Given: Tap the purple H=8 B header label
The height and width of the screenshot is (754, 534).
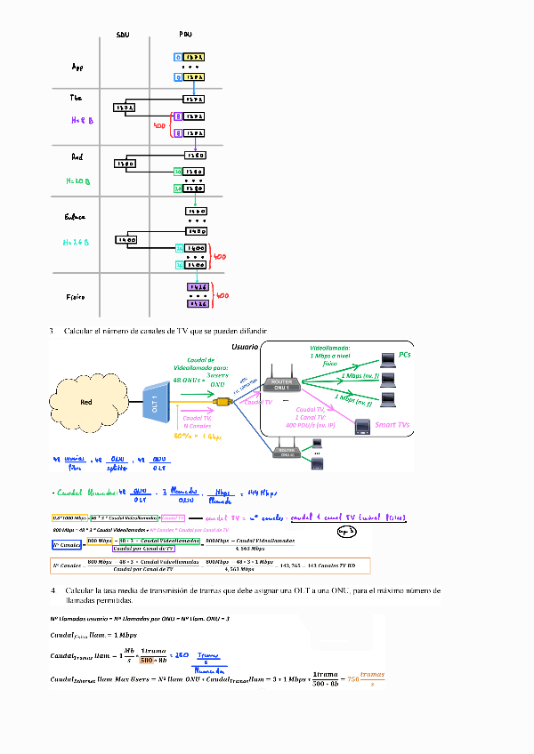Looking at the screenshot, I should point(83,119).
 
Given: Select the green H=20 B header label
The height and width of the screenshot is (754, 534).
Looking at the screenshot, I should point(79,180).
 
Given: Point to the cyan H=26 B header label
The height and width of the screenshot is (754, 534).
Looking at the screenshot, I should point(78,242).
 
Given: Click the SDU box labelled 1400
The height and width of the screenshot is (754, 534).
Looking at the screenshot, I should point(126,240).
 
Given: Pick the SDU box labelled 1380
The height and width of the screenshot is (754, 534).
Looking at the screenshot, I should point(125,164).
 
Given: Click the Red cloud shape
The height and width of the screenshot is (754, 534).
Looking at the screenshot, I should point(86,402).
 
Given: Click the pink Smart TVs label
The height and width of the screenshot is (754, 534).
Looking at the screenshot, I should point(392,425).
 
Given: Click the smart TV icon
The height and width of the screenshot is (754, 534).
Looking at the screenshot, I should point(362,426).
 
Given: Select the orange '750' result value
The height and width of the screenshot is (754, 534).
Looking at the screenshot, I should point(352,680).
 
